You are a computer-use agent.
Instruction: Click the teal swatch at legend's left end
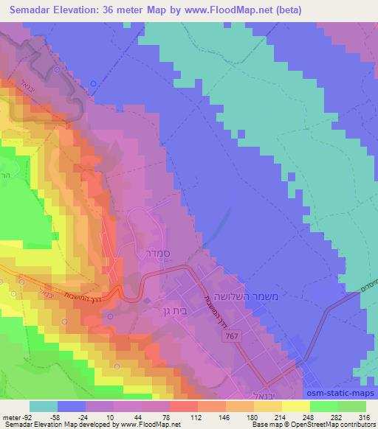44,406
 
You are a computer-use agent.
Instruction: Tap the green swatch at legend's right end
353,406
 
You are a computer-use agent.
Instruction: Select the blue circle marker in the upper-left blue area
93,83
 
